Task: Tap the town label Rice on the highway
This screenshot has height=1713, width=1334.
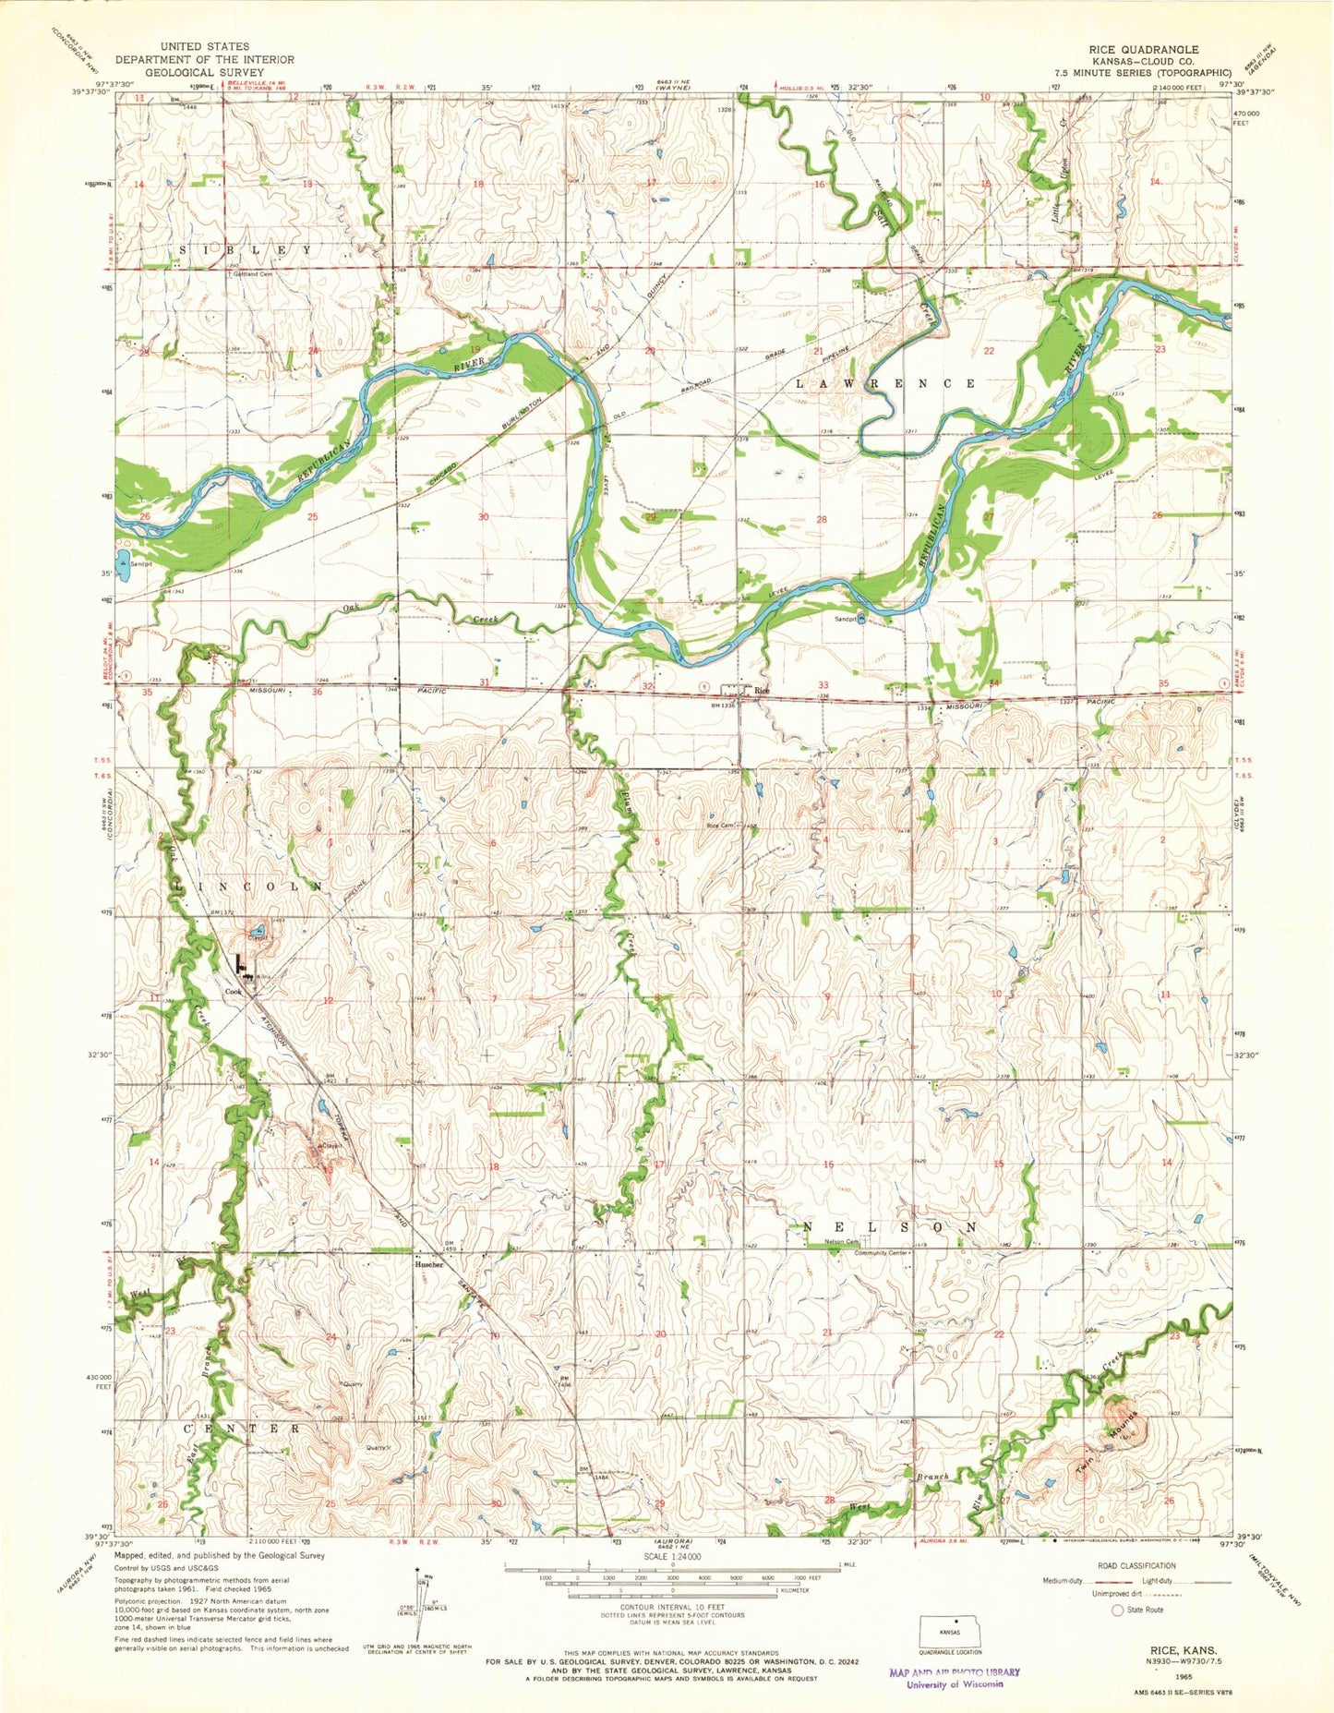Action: tap(762, 690)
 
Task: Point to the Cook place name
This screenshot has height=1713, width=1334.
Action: tap(234, 992)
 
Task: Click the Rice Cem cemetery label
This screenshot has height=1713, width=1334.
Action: tap(719, 826)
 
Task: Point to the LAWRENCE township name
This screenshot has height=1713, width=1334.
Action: tap(885, 382)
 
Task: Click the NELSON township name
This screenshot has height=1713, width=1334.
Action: tap(890, 1227)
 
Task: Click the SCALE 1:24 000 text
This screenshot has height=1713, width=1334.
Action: tap(671, 1556)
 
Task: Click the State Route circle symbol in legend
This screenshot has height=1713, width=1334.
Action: tap(1118, 1610)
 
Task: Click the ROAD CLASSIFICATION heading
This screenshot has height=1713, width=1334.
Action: tap(1136, 1565)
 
